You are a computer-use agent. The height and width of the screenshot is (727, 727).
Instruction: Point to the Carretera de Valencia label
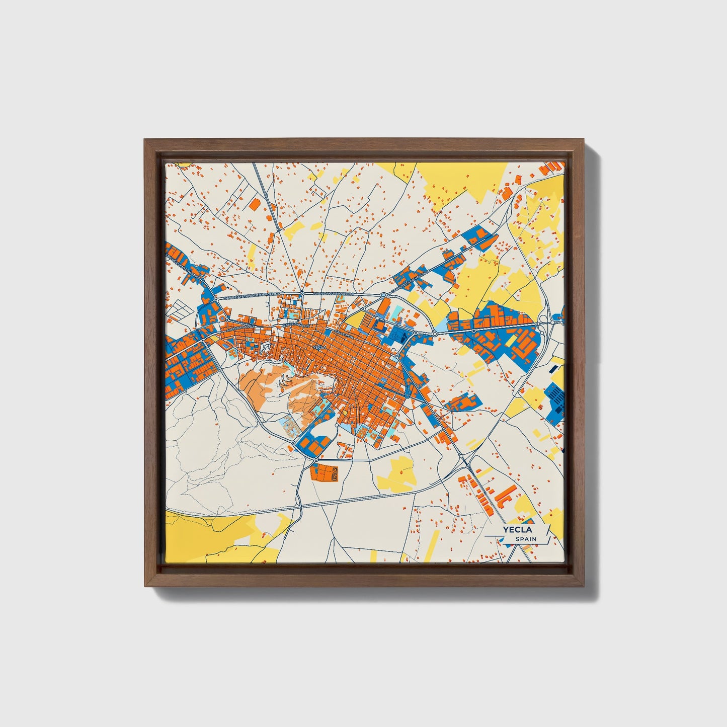[412, 278]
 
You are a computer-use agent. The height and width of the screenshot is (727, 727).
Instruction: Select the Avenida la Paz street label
[241, 328]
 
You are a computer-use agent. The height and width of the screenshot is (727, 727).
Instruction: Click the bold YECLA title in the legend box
[518, 530]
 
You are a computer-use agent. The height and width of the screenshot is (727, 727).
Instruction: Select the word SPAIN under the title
[526, 539]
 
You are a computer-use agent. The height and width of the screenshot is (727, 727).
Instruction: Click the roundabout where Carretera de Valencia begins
[383, 295]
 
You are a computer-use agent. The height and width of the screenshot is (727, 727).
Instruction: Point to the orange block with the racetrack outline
[325, 473]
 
